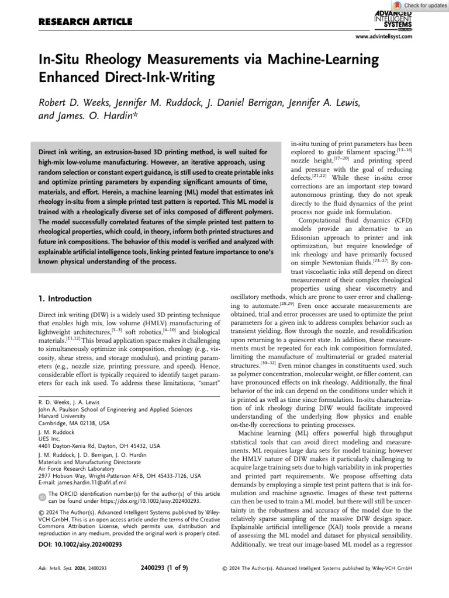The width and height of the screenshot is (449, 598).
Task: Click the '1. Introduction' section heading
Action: (65, 298)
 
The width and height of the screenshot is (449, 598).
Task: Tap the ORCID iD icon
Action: (42, 497)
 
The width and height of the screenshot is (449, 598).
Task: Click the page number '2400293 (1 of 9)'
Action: (164, 567)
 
